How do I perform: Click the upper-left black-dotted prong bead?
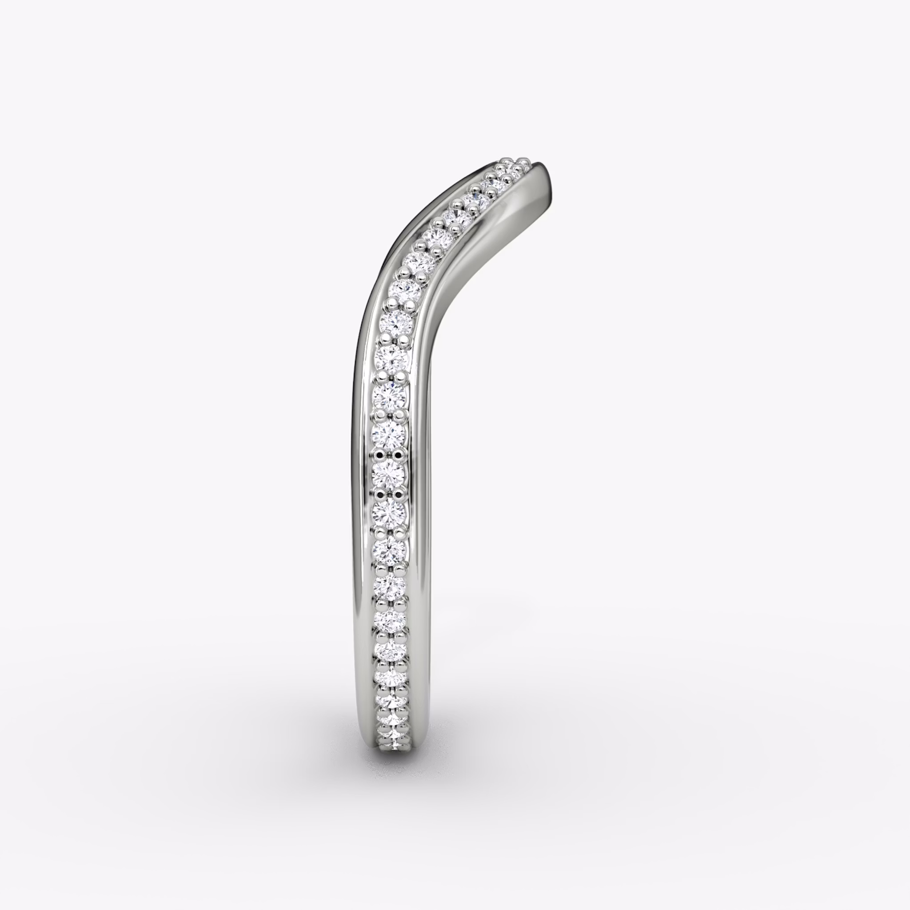[x=381, y=454]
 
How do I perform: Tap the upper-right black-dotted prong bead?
[x=400, y=454]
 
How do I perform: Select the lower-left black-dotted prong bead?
[x=381, y=494]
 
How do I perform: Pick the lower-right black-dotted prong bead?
[x=400, y=494]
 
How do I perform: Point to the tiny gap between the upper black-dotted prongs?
[x=391, y=455]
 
